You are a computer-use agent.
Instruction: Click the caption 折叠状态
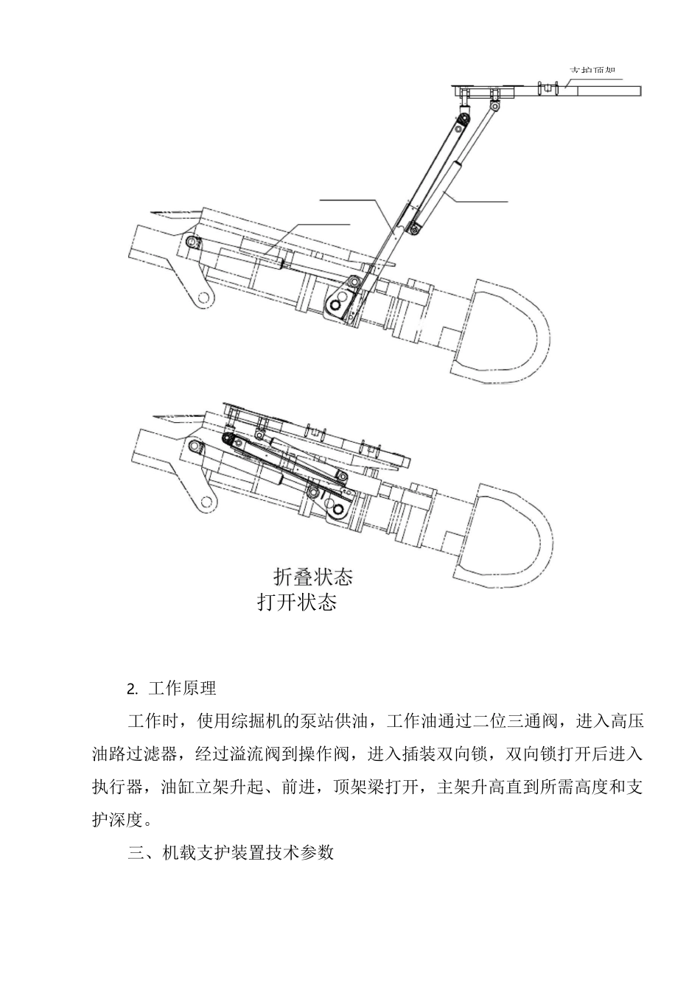312,576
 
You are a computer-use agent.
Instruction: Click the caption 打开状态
297,602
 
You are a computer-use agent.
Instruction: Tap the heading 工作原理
182,689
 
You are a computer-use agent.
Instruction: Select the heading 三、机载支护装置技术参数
231,853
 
